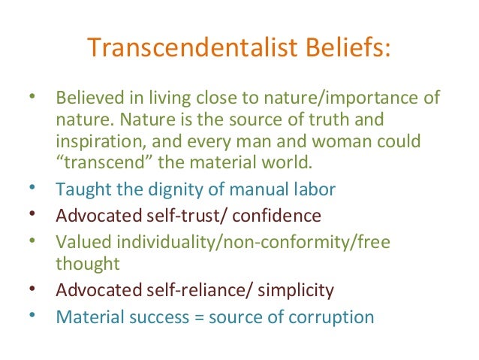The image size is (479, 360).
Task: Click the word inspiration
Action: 96,142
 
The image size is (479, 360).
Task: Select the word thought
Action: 86,264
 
